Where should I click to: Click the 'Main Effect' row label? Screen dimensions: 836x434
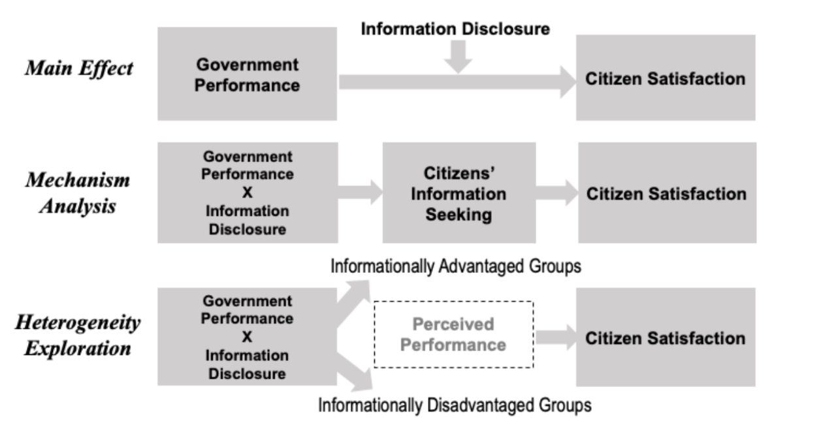point(79,69)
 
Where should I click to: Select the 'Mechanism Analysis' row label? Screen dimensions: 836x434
point(78,193)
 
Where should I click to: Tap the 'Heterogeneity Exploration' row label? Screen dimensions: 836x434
point(78,335)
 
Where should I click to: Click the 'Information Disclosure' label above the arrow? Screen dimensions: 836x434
point(455,29)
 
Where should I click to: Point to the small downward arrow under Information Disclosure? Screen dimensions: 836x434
point(458,56)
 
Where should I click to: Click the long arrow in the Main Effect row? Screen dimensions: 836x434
point(457,82)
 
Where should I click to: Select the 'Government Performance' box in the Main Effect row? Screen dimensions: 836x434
point(247,74)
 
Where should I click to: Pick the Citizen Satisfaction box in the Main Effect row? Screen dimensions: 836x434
point(666,78)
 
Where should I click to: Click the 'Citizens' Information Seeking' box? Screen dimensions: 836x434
point(459,193)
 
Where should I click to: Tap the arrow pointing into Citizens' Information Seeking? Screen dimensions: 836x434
point(360,193)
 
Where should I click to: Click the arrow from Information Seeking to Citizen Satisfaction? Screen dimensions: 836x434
point(557,193)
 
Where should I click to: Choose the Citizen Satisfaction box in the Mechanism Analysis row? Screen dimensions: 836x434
point(667,193)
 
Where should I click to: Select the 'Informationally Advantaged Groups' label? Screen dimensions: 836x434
point(456,266)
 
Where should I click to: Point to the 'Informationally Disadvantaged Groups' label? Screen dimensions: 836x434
point(455,405)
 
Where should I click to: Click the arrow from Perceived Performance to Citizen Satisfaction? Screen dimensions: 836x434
point(556,337)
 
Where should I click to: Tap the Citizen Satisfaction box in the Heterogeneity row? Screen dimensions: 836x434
point(666,337)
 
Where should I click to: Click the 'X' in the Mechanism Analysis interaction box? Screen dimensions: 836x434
point(247,193)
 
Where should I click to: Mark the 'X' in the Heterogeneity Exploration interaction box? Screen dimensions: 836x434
point(247,337)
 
